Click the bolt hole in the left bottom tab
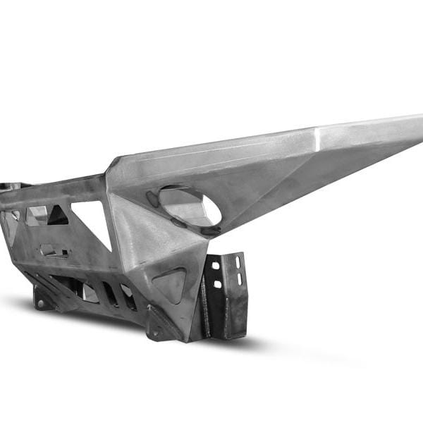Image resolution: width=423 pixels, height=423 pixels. [42, 304]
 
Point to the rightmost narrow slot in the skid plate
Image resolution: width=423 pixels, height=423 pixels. [128, 298]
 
